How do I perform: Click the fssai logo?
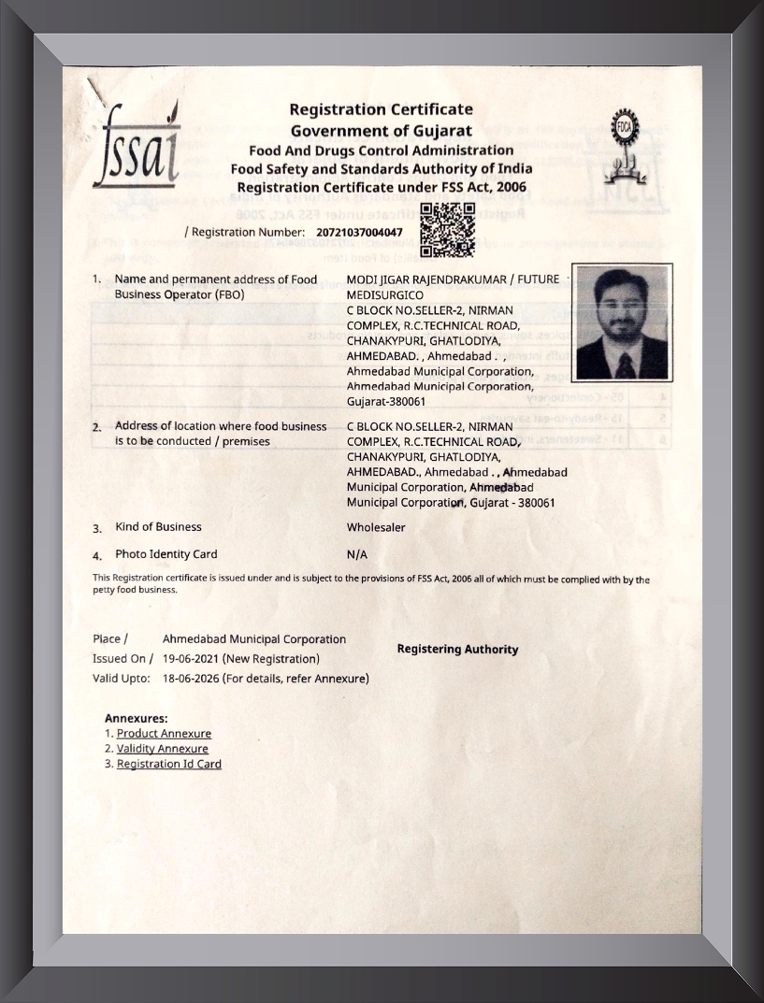coord(136,147)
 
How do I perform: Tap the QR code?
coord(447,230)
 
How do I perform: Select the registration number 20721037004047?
coord(360,232)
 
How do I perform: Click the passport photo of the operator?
coord(622,323)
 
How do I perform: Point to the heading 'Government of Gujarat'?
coord(381,131)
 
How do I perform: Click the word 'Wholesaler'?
coord(376,527)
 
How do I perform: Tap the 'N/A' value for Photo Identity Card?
coord(357,554)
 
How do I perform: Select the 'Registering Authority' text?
coord(457,649)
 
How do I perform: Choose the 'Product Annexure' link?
coord(164,734)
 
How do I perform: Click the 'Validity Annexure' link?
coord(163,749)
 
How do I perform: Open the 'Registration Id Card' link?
coord(169,764)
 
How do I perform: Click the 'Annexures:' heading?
coord(137,718)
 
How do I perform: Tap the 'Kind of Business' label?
coord(158,527)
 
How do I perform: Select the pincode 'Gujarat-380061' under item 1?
coord(386,402)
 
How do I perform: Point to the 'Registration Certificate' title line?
coord(381,109)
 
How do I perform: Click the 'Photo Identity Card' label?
coord(166,554)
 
